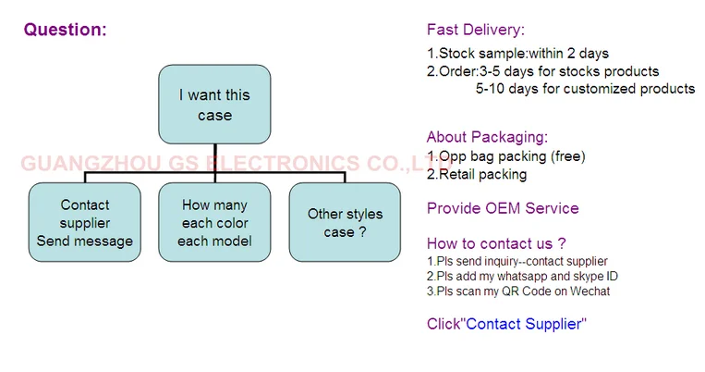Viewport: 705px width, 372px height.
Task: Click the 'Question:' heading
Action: coord(65,30)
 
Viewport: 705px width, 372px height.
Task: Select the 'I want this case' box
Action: coord(214,105)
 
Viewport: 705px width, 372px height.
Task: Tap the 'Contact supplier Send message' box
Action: coord(84,223)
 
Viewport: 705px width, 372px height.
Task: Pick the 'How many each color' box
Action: coord(214,223)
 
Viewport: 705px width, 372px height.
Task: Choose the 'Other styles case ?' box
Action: coord(345,223)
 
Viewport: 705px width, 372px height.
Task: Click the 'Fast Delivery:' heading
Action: coord(476,30)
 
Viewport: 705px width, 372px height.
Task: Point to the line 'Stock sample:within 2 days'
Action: coord(517,54)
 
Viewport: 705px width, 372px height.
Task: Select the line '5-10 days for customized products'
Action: coord(585,89)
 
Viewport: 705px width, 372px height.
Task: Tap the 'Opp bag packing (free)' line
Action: coord(505,156)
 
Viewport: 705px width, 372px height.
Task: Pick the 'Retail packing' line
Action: coord(477,174)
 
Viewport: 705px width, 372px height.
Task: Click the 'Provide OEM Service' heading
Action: coord(503,208)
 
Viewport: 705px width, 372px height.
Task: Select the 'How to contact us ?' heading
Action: coord(496,244)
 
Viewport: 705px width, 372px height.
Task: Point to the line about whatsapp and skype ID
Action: coord(522,276)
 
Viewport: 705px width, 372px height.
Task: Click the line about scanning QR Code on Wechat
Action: coord(517,291)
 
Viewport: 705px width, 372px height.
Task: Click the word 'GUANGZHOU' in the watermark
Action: coord(77,165)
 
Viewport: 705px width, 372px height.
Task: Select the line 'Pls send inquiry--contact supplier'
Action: coord(517,262)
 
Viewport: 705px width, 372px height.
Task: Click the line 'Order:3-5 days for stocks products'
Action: coord(542,71)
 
